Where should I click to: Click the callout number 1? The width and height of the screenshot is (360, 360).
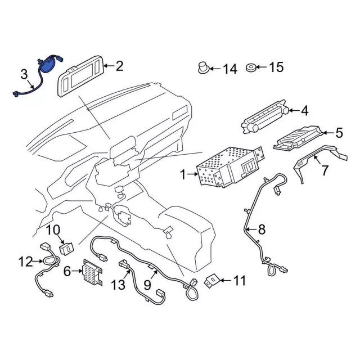[182, 175]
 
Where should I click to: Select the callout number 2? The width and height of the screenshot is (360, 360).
[119, 66]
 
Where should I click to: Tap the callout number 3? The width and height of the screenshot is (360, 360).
[24, 74]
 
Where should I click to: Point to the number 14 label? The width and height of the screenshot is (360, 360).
[230, 69]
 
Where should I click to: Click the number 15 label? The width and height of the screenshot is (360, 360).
[276, 68]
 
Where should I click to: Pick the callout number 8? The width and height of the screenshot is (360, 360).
[261, 229]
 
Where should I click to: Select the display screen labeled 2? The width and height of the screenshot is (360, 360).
[81, 75]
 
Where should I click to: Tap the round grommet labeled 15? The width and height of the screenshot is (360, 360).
[250, 69]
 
